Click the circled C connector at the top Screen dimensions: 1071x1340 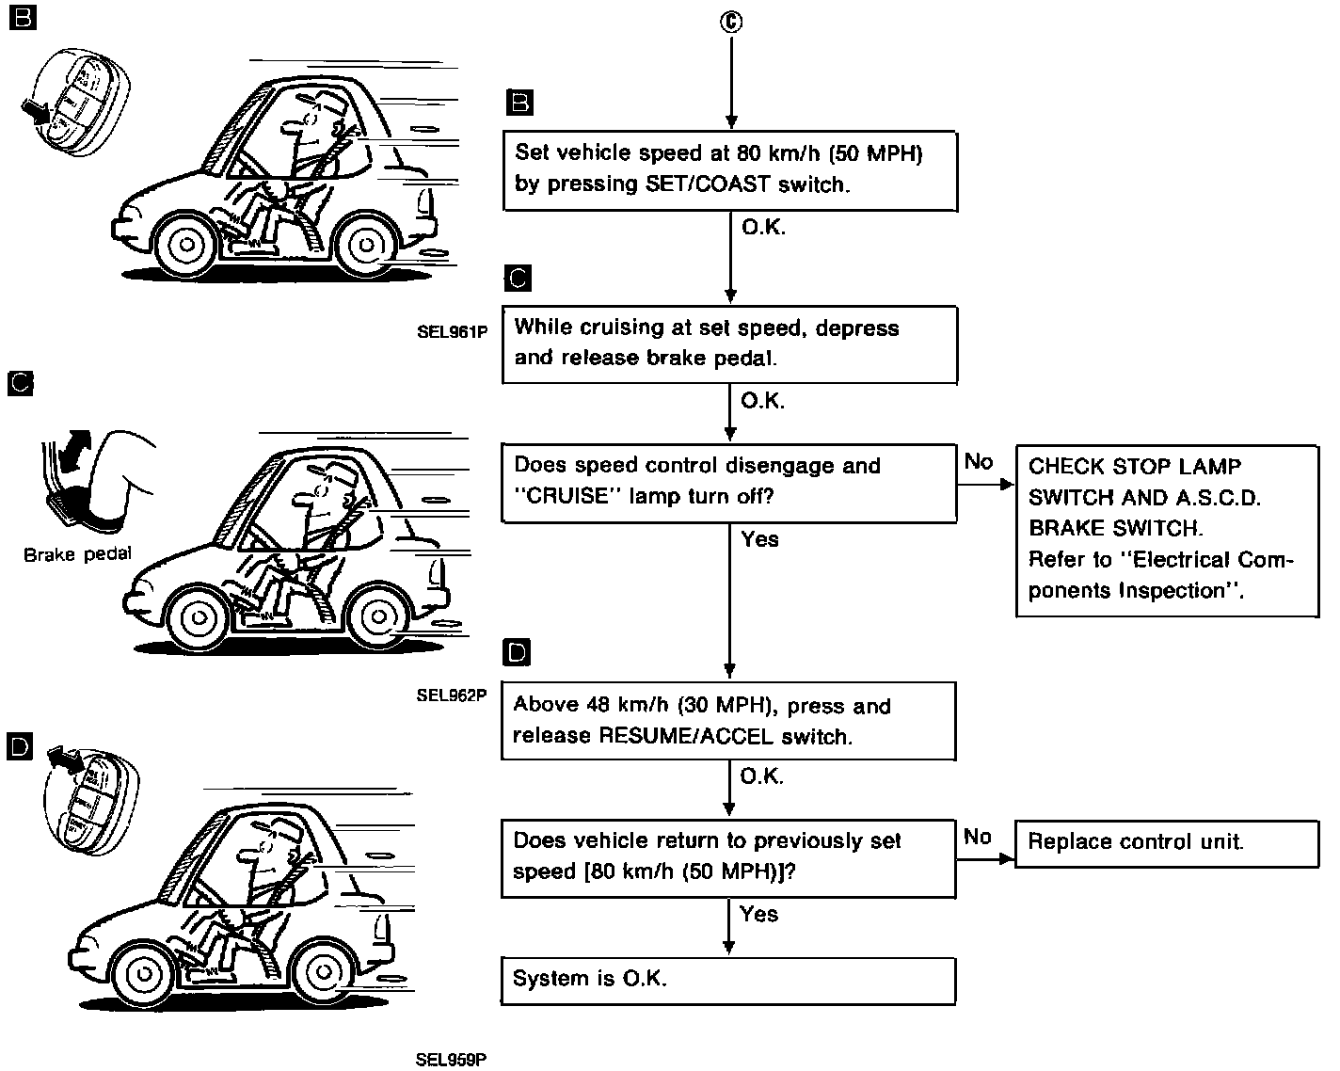[x=730, y=22]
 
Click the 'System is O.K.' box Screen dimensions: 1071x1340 [x=728, y=980]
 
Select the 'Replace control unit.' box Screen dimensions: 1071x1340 [x=1167, y=842]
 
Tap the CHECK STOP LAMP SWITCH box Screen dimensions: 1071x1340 [x=1167, y=530]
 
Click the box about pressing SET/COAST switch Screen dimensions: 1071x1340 [x=729, y=170]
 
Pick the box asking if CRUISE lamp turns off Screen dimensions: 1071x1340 [x=729, y=482]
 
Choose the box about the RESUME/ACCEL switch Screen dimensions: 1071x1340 [x=728, y=721]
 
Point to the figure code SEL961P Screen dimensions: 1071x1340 [x=452, y=332]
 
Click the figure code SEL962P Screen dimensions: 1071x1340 [x=452, y=696]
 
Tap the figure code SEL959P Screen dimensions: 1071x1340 [x=452, y=1060]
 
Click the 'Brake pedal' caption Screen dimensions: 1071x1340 [x=77, y=555]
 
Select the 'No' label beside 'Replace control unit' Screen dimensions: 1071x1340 [x=978, y=837]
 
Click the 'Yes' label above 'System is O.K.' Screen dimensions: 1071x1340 [x=758, y=914]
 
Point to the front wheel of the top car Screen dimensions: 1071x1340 [x=187, y=245]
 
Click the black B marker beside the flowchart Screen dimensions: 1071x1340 [x=519, y=102]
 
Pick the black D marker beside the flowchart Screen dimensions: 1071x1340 [x=518, y=651]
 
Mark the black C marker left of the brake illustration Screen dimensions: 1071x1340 [x=21, y=383]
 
